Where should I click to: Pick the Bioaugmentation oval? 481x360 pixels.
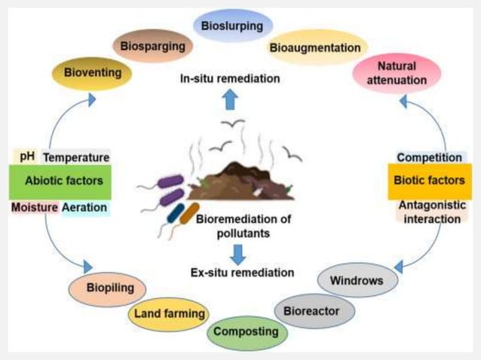tap(314, 47)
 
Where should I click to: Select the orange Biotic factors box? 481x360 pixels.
tap(429, 182)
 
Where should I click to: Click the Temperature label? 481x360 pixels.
tap(75, 157)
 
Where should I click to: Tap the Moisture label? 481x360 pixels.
tap(34, 207)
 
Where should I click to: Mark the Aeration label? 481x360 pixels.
tap(84, 207)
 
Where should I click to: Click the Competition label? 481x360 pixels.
tap(429, 157)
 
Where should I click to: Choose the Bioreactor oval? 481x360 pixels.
tap(317, 310)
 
